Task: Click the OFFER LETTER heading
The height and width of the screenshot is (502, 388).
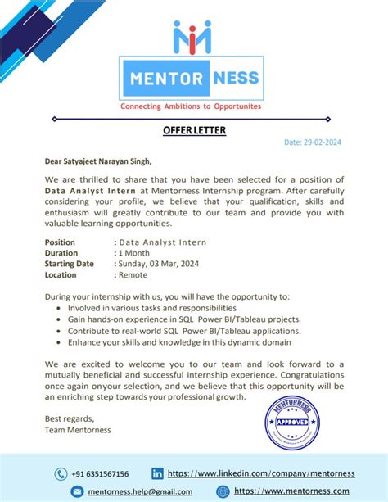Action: coord(194,130)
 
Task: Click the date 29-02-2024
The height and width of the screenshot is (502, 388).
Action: coord(312,142)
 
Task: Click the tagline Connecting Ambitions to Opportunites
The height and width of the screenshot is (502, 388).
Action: coord(191,106)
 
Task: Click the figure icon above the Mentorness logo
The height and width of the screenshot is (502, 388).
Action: coord(193,37)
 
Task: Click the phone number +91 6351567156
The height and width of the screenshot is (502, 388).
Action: coord(102,473)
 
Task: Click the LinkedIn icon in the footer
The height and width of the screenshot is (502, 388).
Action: coord(157,473)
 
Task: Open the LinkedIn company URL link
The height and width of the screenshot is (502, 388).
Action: coord(261,473)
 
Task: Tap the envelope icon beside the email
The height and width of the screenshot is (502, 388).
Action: coord(78,491)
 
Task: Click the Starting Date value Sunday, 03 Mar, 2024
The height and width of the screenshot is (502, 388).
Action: coord(158,264)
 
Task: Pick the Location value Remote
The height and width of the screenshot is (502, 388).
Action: coord(135,274)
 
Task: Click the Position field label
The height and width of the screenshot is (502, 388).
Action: coord(60,242)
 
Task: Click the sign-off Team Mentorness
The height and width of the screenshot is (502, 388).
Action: coord(78,430)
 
